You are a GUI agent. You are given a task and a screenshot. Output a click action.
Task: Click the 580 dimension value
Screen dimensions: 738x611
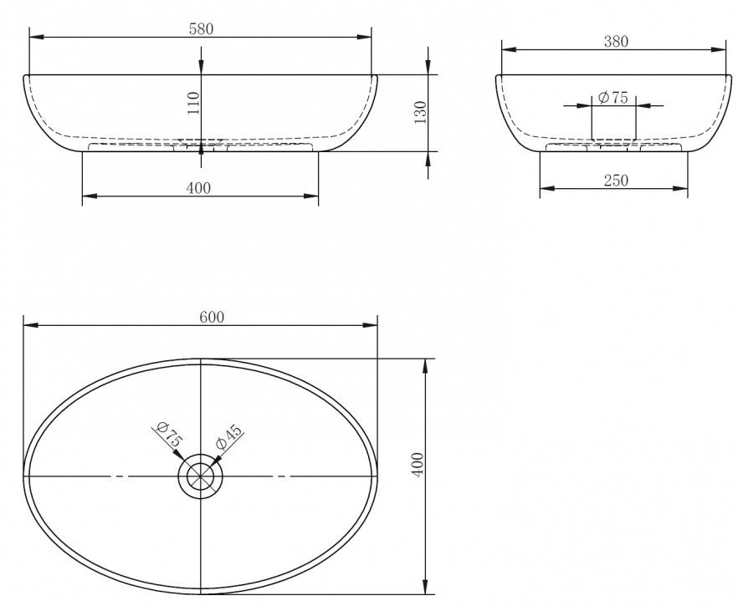click(201, 29)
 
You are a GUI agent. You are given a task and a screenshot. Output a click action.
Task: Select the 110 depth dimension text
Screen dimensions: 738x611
click(193, 103)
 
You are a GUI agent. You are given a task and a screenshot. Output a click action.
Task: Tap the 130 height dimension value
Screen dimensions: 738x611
click(420, 112)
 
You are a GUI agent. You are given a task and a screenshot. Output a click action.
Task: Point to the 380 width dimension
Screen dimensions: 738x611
click(616, 42)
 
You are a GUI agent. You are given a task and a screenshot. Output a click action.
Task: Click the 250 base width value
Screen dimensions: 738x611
click(616, 180)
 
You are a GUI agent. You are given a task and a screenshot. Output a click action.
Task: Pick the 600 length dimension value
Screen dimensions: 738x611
click(212, 318)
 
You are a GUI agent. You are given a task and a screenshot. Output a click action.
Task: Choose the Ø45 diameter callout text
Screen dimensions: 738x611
click(228, 436)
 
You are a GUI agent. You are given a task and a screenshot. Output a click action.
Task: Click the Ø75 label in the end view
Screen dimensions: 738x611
click(612, 97)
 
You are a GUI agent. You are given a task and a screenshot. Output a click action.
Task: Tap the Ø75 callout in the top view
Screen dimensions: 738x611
click(169, 435)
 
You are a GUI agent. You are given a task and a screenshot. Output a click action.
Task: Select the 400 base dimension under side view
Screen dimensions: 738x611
click(198, 188)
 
